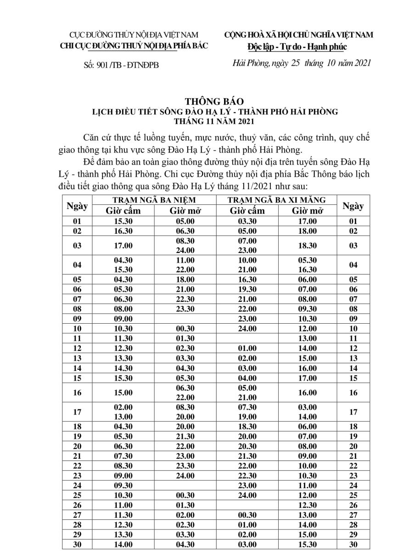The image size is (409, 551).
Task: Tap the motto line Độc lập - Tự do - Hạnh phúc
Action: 297,46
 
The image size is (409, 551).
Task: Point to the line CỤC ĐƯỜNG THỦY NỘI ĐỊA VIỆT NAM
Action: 134,35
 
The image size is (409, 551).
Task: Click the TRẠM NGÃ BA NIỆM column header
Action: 154,200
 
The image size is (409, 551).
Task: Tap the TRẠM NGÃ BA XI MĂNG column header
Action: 277,200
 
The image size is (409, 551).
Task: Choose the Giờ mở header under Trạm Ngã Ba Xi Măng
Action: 307,211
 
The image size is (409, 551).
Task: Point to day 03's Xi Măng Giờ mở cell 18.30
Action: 307,246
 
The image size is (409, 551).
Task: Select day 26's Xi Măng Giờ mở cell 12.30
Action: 307,505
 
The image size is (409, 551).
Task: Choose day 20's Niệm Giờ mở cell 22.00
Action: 185,446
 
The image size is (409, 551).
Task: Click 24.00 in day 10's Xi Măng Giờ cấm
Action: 247,329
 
